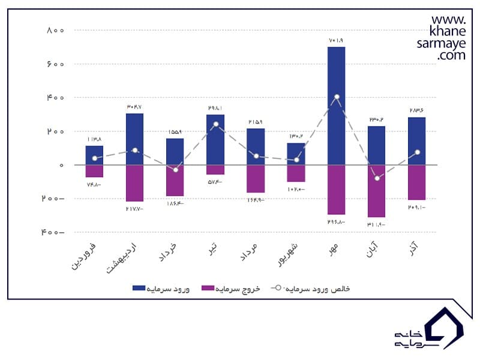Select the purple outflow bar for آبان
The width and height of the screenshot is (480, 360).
377,191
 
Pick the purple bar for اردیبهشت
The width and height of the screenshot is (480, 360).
134,183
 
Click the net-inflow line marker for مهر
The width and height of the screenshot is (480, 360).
337,97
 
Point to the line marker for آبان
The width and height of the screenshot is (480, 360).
377,178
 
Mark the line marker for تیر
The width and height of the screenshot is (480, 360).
215,124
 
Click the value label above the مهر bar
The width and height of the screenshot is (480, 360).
337,40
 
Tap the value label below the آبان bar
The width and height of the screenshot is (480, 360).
377,224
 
